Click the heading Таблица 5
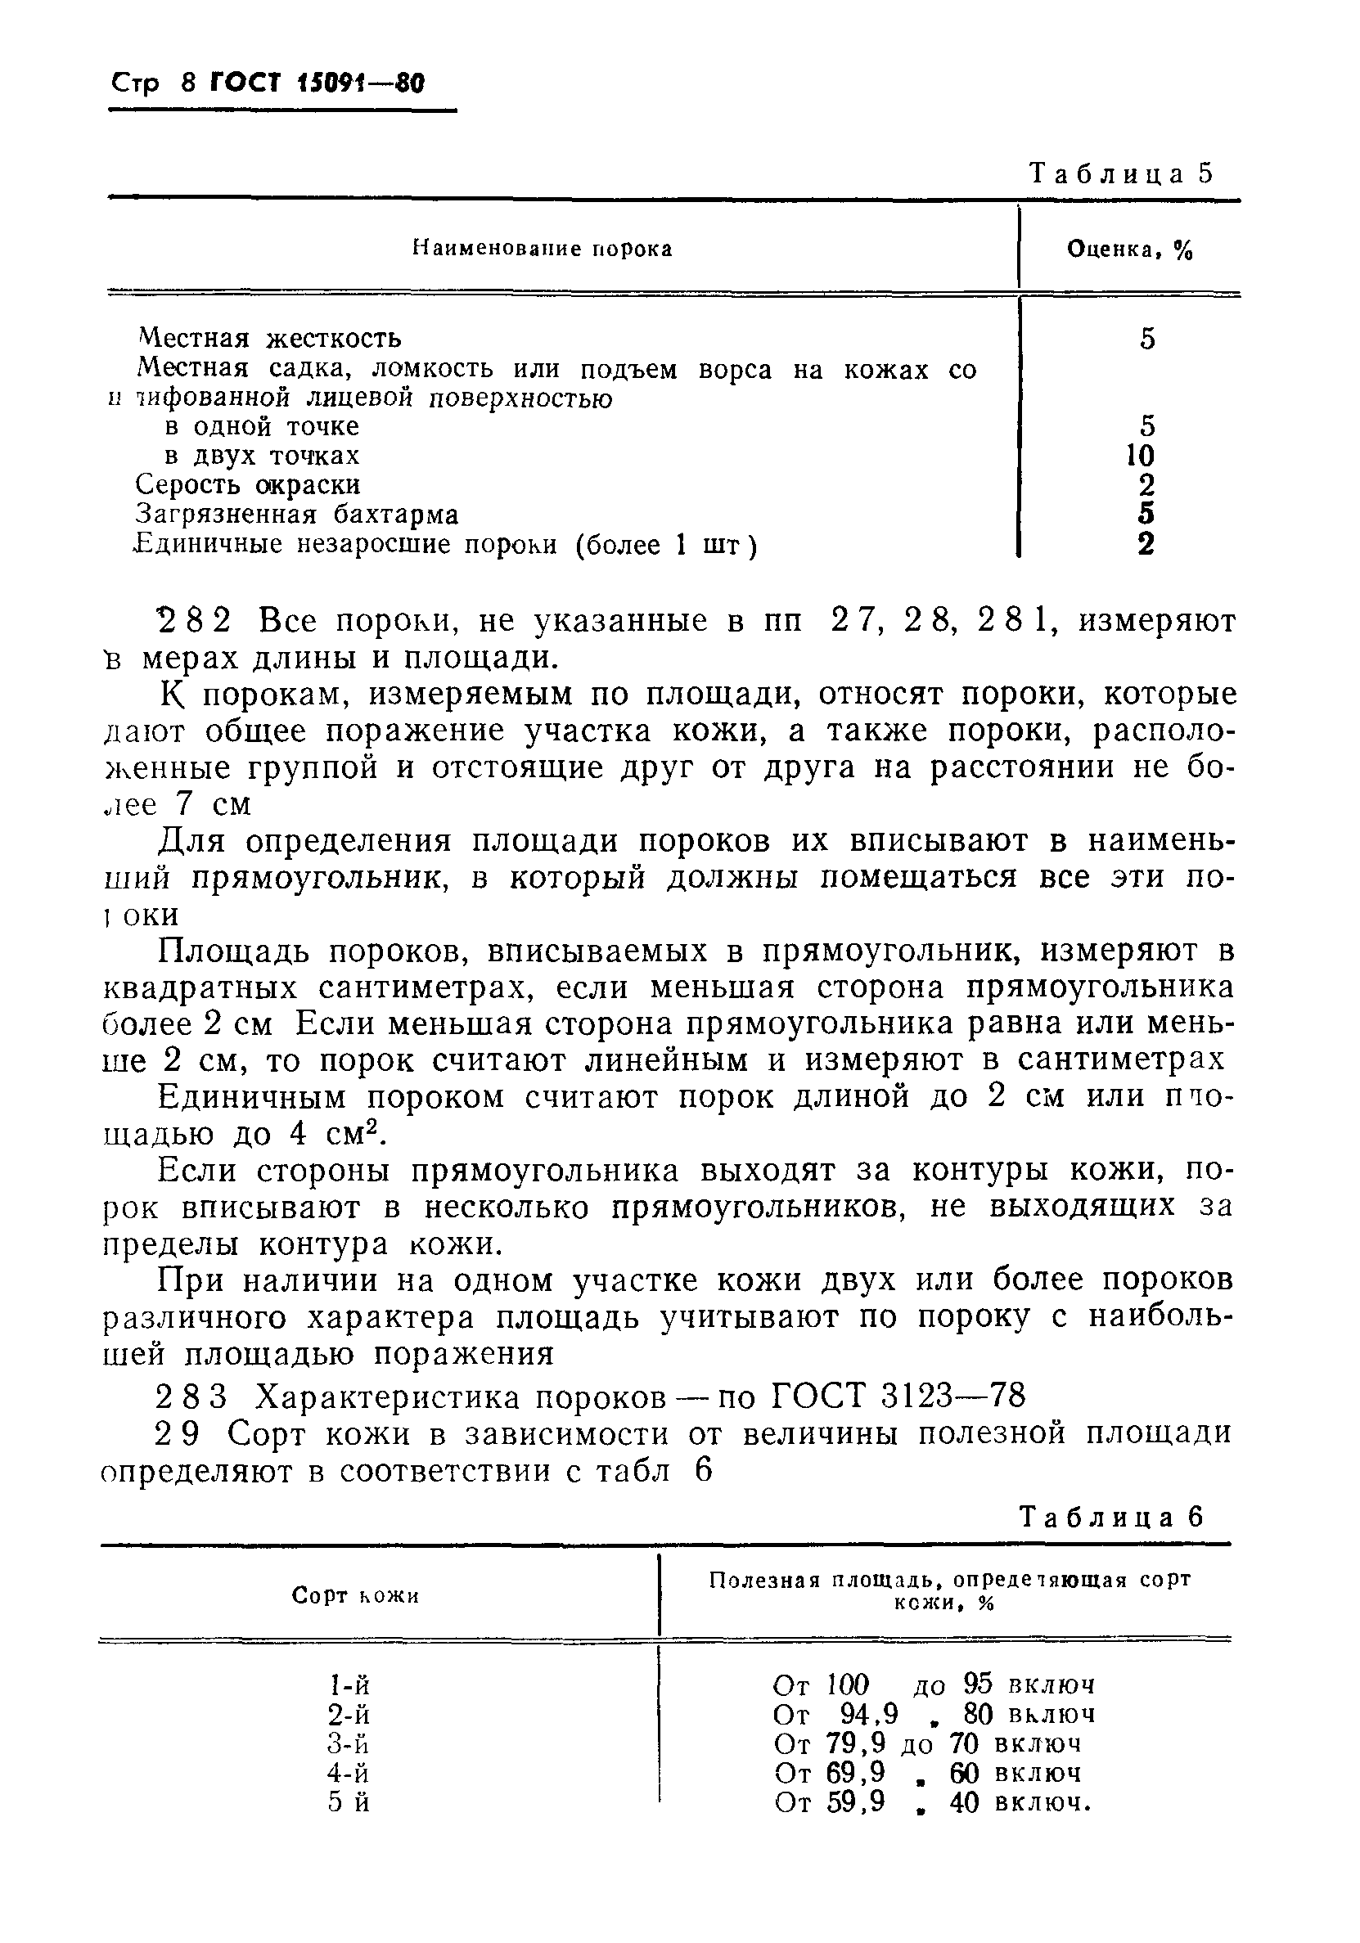tap(1120, 173)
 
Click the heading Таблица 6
tap(1110, 1517)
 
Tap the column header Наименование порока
tap(542, 249)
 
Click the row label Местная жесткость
tap(269, 339)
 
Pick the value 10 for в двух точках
tap(1140, 457)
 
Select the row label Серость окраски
tap(248, 485)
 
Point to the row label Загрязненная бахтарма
tap(297, 515)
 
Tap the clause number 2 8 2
tap(195, 622)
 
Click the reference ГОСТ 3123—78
tap(898, 1396)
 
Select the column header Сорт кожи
tap(355, 1596)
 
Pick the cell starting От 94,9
tap(934, 1716)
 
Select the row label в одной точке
tap(263, 426)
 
